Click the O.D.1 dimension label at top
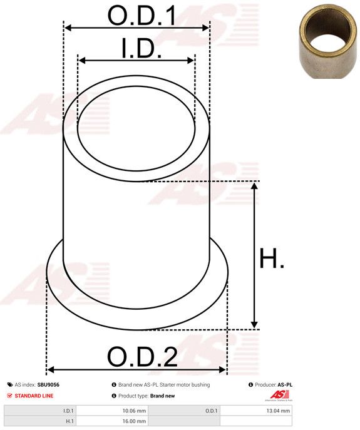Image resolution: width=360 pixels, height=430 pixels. pos(141,16)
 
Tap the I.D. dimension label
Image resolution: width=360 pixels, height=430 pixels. pos(141,49)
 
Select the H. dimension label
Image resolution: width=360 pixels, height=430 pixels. pos(271,258)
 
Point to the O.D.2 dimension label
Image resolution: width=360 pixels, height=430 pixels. pos(142,357)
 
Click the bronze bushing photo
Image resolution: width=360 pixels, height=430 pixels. pos(328,42)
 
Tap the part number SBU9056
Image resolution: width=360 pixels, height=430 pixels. pos(48,385)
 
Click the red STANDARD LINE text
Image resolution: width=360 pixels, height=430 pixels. pos(34,396)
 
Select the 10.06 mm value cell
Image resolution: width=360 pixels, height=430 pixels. pos(112,411)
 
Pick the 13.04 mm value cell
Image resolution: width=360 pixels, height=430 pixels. pos(255,411)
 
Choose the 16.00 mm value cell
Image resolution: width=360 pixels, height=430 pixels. pos(112,421)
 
